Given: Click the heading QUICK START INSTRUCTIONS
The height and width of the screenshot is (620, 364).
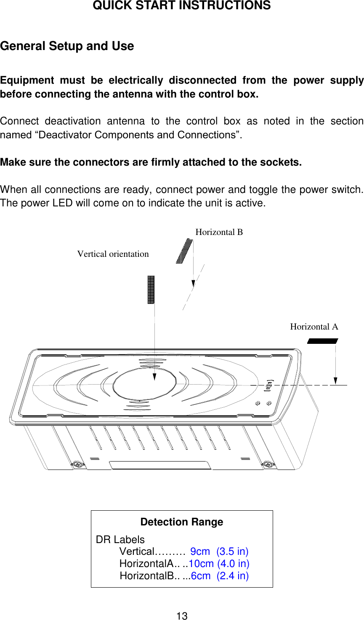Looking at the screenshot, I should (181, 6).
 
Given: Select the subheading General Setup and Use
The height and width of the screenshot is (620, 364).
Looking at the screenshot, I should (67, 46).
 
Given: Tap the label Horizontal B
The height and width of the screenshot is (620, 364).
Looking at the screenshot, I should (219, 232).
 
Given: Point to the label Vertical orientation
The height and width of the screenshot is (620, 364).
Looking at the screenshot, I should (113, 254).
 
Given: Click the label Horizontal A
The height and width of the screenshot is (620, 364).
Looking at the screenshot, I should (314, 327).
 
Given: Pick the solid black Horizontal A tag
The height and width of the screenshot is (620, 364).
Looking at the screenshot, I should (323, 341).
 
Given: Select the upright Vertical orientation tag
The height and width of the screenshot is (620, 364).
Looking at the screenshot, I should (151, 290).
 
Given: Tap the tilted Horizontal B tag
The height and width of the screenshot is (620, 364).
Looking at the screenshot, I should (184, 251).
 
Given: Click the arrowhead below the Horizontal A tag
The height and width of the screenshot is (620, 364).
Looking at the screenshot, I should (335, 380).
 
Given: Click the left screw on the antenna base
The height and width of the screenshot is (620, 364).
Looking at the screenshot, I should (77, 464).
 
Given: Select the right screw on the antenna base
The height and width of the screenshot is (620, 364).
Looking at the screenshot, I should (268, 464).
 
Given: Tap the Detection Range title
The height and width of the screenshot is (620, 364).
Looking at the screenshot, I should (182, 522).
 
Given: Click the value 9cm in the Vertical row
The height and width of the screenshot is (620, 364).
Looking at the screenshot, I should (200, 551).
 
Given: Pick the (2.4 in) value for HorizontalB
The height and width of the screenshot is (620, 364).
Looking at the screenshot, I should (233, 576).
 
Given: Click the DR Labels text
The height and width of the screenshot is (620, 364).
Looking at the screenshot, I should (120, 540).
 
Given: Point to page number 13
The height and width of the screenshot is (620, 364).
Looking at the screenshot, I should (182, 616).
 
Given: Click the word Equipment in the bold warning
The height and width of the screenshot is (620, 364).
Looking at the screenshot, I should (27, 80).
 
